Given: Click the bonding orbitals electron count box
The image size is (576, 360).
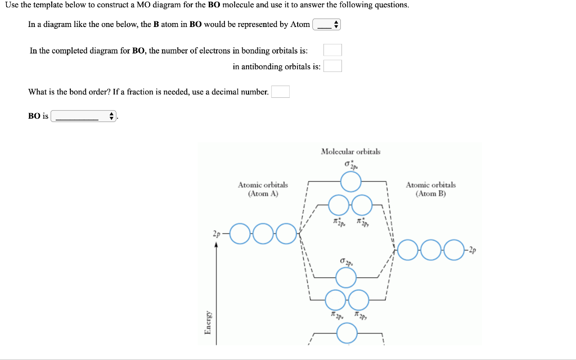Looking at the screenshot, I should (332, 51).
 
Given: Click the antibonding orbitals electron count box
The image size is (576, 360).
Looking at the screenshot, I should (332, 66).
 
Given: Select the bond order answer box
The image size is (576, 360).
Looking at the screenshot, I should (280, 92).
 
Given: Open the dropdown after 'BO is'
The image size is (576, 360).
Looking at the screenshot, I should (83, 116).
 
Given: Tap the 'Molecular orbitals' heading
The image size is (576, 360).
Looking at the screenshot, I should (350, 151).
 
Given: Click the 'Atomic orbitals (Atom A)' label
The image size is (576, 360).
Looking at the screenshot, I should (263, 189).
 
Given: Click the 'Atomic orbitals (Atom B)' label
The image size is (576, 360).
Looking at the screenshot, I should (431, 189).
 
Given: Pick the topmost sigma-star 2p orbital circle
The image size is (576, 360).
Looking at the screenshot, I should (351, 182).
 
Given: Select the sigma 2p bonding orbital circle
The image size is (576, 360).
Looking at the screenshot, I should (346, 277).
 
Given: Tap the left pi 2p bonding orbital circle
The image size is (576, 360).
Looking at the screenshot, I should (335, 299).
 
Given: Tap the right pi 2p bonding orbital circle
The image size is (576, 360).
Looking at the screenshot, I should (358, 299).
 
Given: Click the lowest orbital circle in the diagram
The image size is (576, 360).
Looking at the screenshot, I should (347, 334).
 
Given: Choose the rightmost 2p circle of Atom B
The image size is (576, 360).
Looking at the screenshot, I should (454, 249).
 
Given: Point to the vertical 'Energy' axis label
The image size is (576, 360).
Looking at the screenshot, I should (208, 322).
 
